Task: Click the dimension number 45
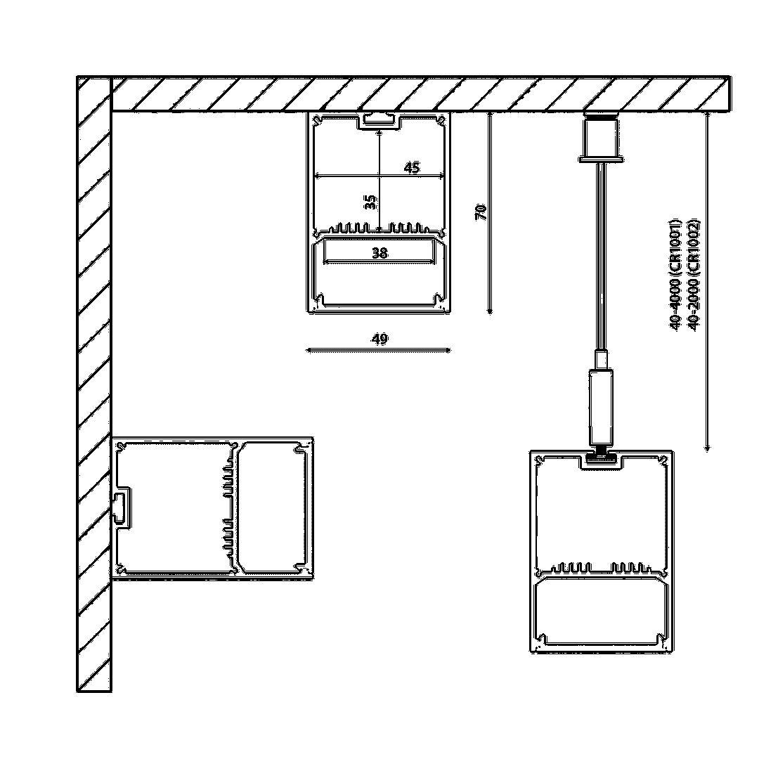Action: click(412, 168)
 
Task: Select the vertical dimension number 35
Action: click(371, 202)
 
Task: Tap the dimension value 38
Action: click(379, 253)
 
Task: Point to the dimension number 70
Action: click(481, 212)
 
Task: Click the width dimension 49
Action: click(379, 339)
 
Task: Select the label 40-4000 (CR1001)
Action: click(675, 274)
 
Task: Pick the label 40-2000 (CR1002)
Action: click(694, 274)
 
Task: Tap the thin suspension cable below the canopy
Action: click(600, 253)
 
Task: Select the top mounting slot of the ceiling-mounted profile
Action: click(379, 121)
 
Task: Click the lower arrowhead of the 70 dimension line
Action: click(490, 311)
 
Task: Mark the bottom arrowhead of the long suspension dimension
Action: click(708, 448)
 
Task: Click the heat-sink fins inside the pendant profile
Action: click(600, 566)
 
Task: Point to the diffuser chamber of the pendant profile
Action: click(600, 611)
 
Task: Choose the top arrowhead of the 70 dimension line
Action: click(490, 115)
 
